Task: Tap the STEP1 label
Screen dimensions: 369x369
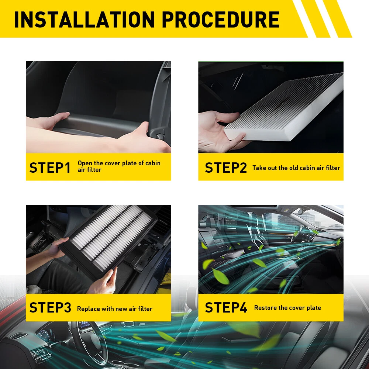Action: [x=50, y=168]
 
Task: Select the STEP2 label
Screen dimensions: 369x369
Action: [x=226, y=168]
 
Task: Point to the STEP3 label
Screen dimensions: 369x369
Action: [x=50, y=307]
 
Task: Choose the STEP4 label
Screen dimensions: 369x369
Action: [x=226, y=307]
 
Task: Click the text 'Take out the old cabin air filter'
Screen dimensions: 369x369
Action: [x=296, y=168]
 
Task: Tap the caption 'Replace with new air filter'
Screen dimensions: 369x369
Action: [x=115, y=309]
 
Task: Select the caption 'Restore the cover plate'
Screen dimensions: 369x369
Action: [x=287, y=308]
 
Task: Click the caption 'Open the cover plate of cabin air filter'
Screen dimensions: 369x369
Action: [x=119, y=166]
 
